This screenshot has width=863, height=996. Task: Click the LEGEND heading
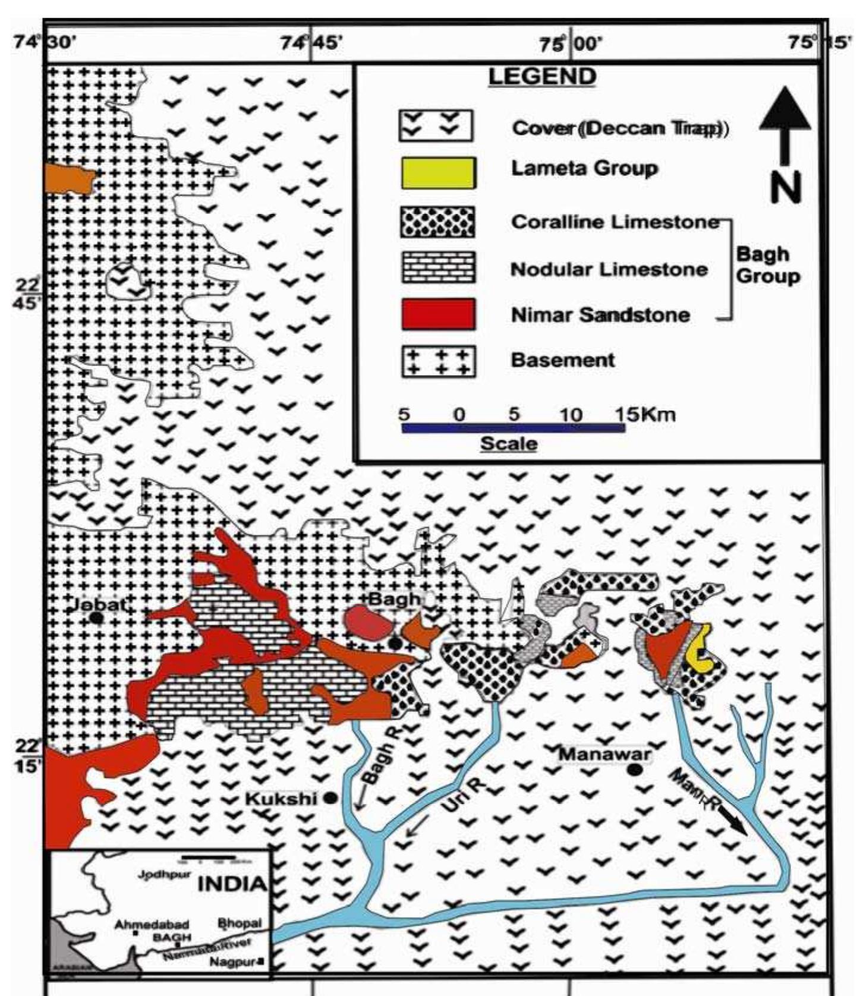[x=541, y=77]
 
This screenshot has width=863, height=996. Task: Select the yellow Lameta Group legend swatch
[x=438, y=173]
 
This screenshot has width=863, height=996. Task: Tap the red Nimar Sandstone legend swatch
[x=438, y=314]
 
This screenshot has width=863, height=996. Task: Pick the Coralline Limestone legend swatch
[x=438, y=222]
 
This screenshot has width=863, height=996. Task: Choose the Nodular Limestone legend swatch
[x=438, y=267]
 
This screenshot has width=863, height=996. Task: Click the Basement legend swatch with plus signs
[x=438, y=361]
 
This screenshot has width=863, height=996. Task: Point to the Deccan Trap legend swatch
[x=436, y=125]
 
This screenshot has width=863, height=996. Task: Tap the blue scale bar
[x=513, y=428]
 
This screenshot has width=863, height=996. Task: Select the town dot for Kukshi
[x=330, y=798]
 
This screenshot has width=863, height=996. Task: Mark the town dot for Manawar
[x=635, y=770]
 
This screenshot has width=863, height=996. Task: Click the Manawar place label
[x=604, y=754]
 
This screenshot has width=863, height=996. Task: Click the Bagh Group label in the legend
[x=767, y=265]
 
